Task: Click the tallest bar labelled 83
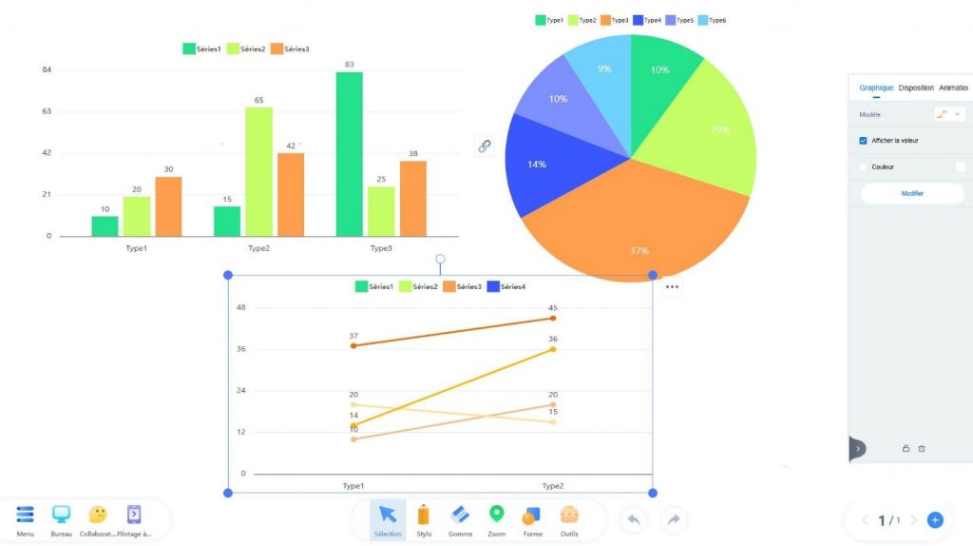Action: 349,154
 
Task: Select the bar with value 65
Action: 258,171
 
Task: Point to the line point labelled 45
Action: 553,318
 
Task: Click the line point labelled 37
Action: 353,345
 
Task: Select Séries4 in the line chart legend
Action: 506,286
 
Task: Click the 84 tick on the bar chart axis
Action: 47,69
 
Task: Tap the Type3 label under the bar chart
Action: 380,248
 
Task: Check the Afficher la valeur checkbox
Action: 863,141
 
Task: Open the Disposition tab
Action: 916,88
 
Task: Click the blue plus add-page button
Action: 935,520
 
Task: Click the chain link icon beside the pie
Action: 485,146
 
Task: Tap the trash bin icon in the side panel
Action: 922,448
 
